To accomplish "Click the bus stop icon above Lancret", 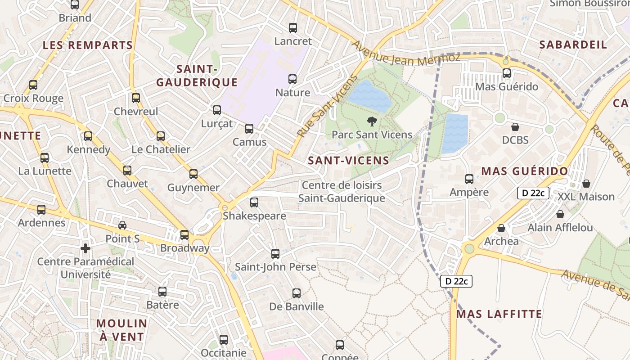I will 293,28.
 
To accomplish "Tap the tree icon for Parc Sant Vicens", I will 372,121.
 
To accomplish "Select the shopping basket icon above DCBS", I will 515,127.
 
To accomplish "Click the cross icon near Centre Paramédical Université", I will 85,248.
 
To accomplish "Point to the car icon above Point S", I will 122,225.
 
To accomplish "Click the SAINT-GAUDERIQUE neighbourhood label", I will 197,76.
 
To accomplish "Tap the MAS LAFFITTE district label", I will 499,314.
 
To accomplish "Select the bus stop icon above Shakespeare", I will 254,202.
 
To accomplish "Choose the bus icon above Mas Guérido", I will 507,73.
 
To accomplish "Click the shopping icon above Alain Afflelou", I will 560,214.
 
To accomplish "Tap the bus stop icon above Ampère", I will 469,179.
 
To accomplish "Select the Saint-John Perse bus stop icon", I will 275,254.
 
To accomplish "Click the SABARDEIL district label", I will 573,45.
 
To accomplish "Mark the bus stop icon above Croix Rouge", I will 33,85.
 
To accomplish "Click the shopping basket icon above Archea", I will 501,228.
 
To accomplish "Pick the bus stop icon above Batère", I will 162,292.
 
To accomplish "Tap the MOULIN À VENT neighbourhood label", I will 121,330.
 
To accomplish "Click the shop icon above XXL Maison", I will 586,184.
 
